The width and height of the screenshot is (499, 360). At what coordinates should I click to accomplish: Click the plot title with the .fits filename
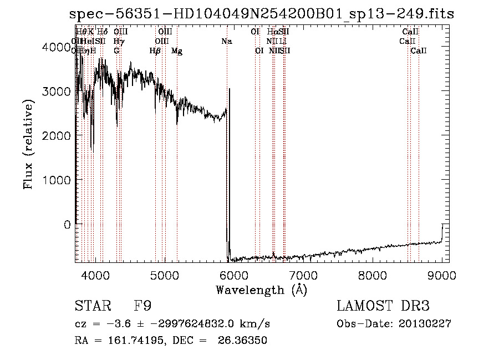[x=261, y=14]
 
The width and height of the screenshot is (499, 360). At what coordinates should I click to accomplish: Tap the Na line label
[x=227, y=41]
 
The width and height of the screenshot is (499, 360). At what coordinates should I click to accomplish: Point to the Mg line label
[x=177, y=51]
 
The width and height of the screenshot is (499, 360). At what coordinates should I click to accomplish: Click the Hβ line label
[x=155, y=51]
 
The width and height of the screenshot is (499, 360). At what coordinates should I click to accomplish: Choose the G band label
[x=116, y=51]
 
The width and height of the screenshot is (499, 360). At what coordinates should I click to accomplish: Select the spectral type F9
[x=142, y=306]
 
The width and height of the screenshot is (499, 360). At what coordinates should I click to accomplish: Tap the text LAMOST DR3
[x=383, y=306]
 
